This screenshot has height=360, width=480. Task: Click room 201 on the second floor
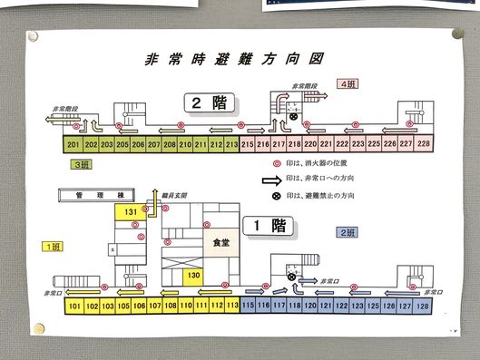[73, 144]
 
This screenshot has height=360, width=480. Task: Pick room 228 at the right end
[423, 143]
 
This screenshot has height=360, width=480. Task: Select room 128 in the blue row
[424, 306]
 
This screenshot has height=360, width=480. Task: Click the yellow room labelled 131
[132, 212]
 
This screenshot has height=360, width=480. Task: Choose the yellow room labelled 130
[193, 275]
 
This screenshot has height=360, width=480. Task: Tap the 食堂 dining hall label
[220, 243]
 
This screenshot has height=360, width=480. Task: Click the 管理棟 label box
[92, 194]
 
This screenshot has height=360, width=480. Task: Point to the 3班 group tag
[82, 164]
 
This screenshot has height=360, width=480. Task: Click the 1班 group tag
[54, 246]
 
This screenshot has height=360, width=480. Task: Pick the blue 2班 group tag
[346, 233]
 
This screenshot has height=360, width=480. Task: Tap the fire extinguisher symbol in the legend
[269, 164]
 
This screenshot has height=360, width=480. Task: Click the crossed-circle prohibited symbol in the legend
[269, 197]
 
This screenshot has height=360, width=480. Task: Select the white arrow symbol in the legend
[269, 180]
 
